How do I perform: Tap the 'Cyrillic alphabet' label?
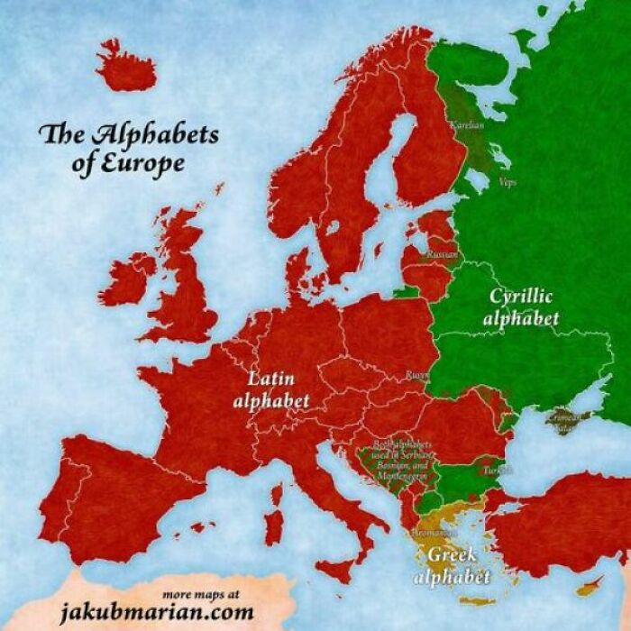521,306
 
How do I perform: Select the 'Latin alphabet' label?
271,388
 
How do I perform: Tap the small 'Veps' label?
508,180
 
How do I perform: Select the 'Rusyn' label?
416,373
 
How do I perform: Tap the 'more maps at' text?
202,594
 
